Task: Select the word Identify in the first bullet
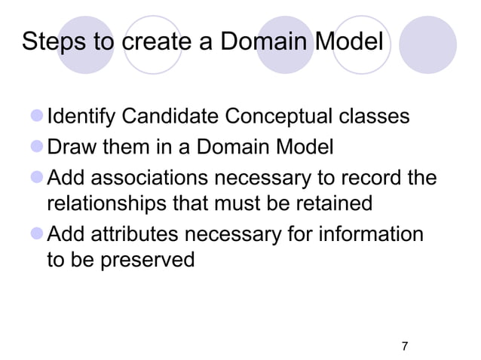click(81, 117)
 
